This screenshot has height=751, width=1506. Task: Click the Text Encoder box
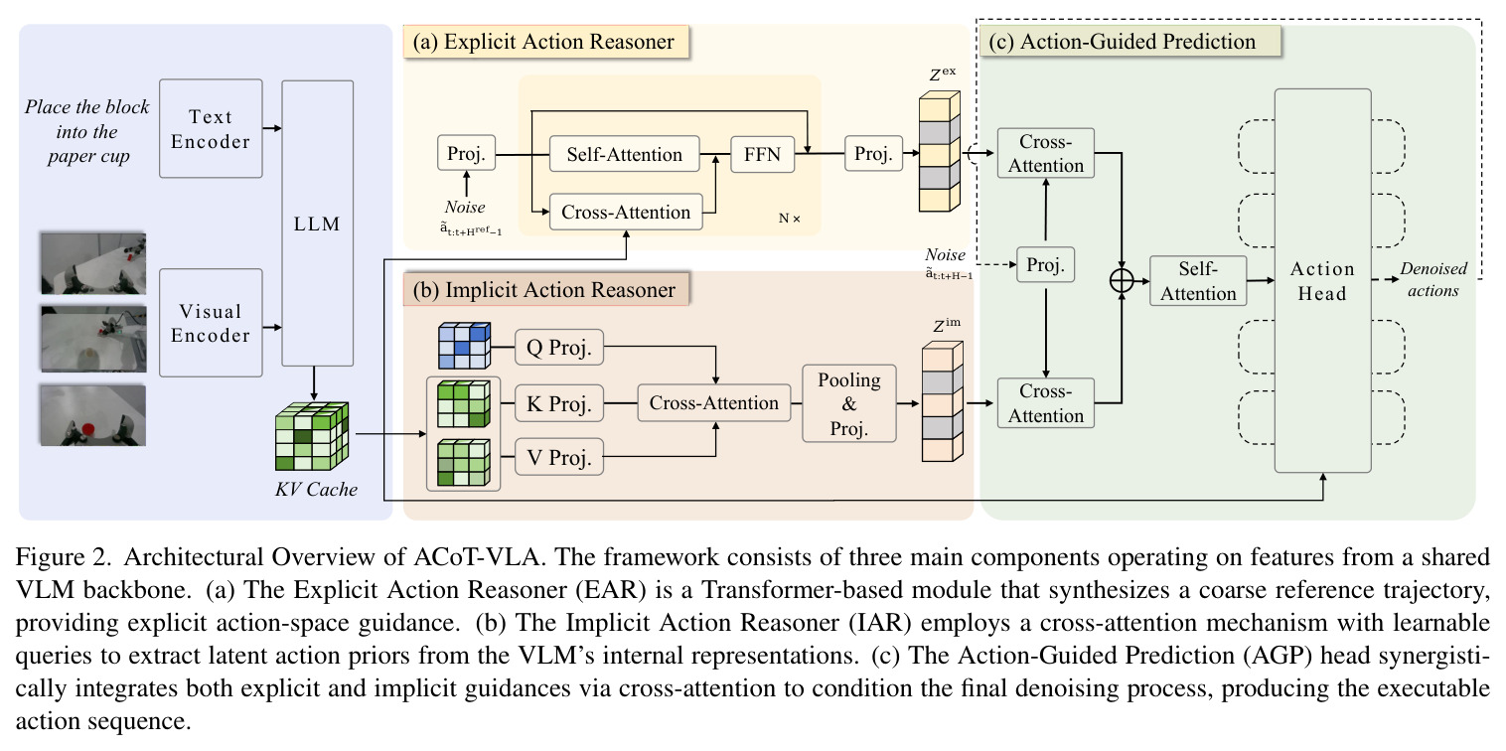tap(211, 128)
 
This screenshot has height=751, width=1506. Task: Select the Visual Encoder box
tap(211, 323)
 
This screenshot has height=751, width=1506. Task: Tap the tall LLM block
tap(317, 224)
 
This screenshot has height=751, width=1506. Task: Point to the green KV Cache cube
tap(312, 436)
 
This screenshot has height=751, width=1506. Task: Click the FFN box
tap(762, 154)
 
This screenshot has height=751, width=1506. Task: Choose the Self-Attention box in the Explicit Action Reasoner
tap(624, 154)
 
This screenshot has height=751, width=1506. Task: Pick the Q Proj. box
tap(558, 347)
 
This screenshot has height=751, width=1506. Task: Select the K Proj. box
tap(558, 403)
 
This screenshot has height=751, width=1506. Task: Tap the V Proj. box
tap(558, 457)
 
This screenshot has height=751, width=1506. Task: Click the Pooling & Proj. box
tap(849, 403)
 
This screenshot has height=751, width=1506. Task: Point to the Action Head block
tap(1322, 280)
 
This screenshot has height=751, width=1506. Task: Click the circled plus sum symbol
tap(1122, 280)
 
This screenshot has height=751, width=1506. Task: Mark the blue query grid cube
tap(465, 346)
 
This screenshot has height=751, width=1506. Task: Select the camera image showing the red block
tap(92, 415)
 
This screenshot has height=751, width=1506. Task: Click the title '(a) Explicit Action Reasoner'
tap(544, 42)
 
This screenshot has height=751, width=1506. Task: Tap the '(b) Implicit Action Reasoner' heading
tap(544, 290)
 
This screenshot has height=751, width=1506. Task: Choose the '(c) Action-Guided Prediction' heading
tap(1123, 42)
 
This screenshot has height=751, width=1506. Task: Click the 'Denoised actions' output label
tap(1433, 280)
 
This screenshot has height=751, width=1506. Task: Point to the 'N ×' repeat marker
tap(790, 219)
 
